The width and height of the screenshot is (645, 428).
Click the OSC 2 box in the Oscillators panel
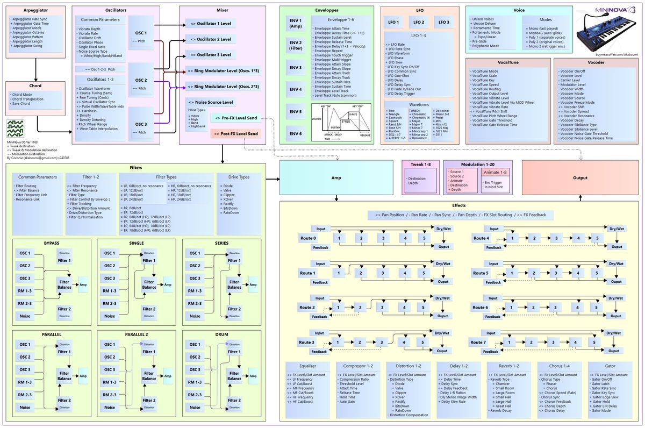141,82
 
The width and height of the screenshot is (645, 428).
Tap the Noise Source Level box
210,102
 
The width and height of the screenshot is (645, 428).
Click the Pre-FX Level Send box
235,117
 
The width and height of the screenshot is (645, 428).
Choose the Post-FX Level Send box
235,133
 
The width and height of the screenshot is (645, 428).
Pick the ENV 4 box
296,89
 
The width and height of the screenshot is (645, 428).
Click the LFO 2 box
419,22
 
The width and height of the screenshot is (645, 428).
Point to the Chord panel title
35,85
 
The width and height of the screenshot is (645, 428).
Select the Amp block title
336,177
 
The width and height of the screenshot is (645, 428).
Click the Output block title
580,177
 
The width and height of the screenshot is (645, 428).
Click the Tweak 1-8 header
421,164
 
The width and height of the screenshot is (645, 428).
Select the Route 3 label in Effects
306,342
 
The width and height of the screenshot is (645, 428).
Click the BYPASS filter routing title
52,243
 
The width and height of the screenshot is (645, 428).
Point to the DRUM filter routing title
221,334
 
